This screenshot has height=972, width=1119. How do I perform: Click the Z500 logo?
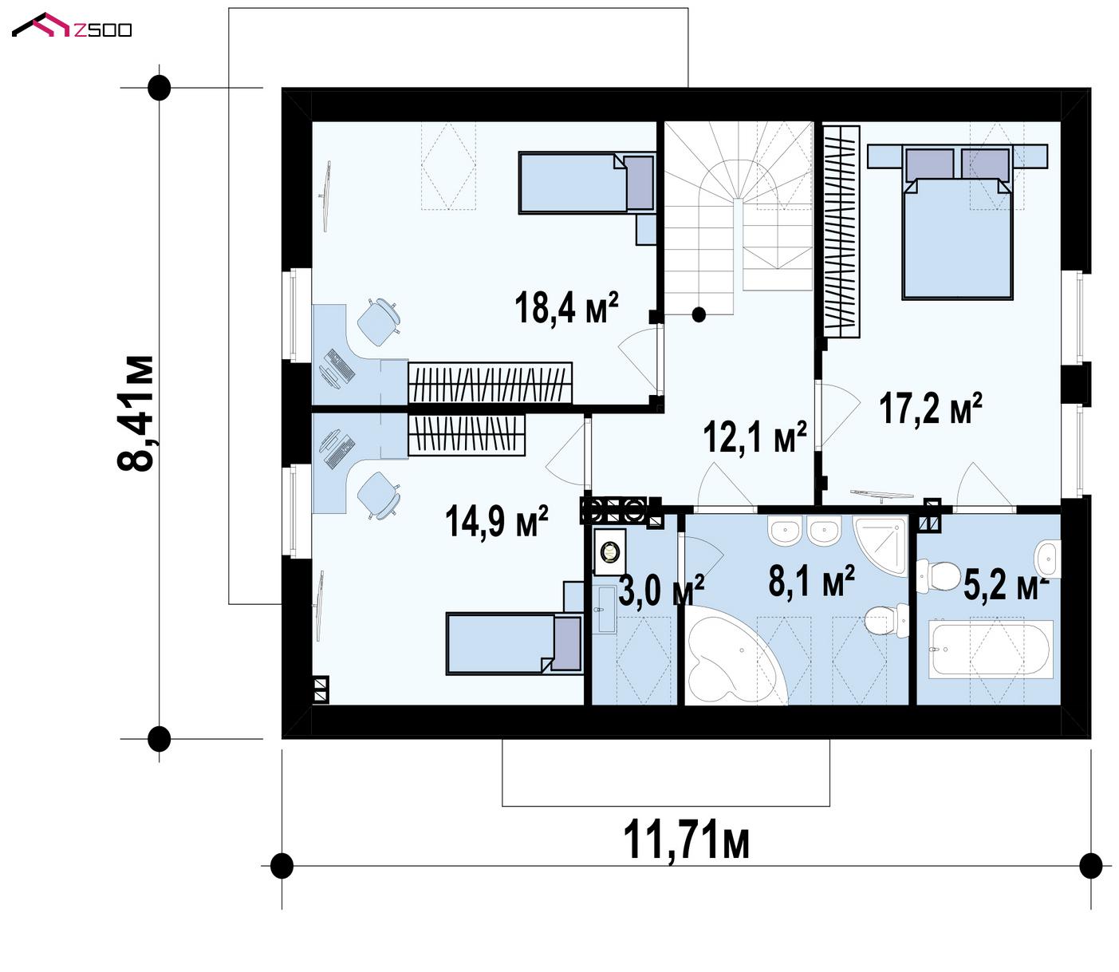[x=72, y=26]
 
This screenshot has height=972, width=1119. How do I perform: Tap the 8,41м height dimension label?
[x=135, y=413]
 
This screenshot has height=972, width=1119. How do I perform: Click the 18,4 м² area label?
[x=566, y=308]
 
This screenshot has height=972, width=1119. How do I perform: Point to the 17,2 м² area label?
[x=931, y=409]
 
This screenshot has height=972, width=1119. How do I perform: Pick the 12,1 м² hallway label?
[x=755, y=437]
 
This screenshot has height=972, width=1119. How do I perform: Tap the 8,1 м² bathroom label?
[x=812, y=581]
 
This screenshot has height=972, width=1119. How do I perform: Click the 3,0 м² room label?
[x=661, y=590]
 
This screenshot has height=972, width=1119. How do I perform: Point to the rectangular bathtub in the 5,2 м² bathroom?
[x=992, y=650]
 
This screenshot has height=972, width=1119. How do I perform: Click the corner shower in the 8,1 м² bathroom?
[x=881, y=545]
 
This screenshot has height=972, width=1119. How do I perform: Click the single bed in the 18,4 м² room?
[x=587, y=183]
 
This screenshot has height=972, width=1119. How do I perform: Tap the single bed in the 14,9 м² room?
[x=514, y=644]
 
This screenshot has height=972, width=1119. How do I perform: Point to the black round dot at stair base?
[x=699, y=314]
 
